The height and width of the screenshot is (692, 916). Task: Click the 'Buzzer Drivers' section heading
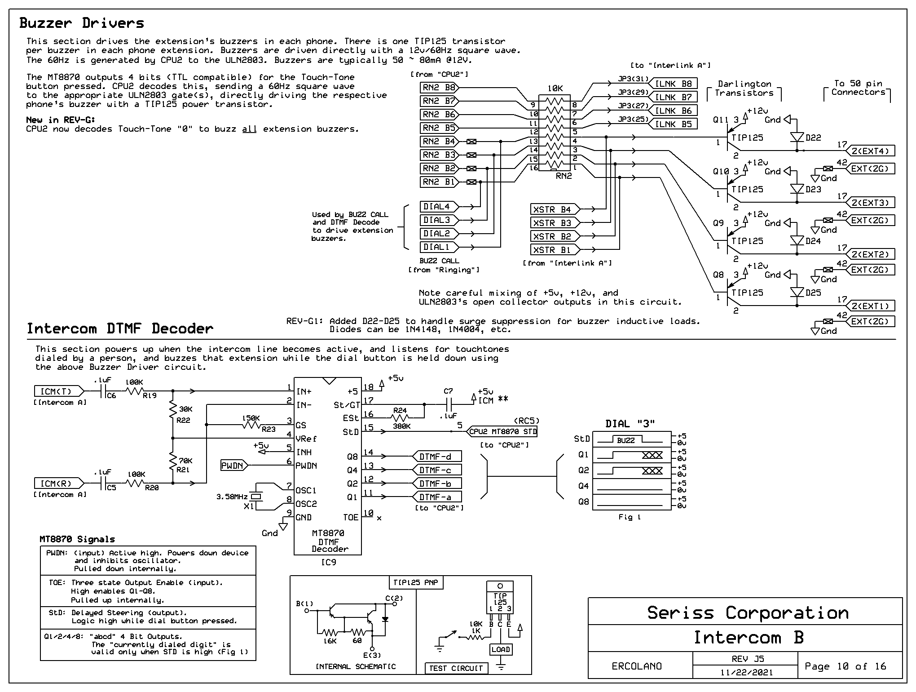tap(82, 23)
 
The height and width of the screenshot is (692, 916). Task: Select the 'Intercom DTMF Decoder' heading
tap(120, 328)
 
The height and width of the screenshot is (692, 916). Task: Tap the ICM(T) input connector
tap(59, 391)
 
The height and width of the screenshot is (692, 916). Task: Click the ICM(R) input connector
tap(59, 484)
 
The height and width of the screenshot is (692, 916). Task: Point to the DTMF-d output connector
tap(437, 457)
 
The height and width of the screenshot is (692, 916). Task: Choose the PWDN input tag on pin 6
tap(234, 466)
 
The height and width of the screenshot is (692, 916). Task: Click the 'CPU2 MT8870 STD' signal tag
tap(502, 431)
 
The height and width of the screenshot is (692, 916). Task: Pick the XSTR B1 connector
tap(555, 250)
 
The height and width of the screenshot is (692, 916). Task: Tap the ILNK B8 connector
tap(674, 84)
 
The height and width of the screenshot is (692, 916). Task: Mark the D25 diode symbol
tap(797, 293)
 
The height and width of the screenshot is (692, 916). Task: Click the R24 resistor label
tap(400, 410)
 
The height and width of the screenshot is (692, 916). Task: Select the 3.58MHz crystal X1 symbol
tap(255, 497)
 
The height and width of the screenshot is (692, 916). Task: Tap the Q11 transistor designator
tap(721, 120)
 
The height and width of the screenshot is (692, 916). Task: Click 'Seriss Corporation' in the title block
tap(748, 613)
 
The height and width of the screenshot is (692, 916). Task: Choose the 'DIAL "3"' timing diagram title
tap(630, 423)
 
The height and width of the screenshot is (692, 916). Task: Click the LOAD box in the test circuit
tap(501, 649)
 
